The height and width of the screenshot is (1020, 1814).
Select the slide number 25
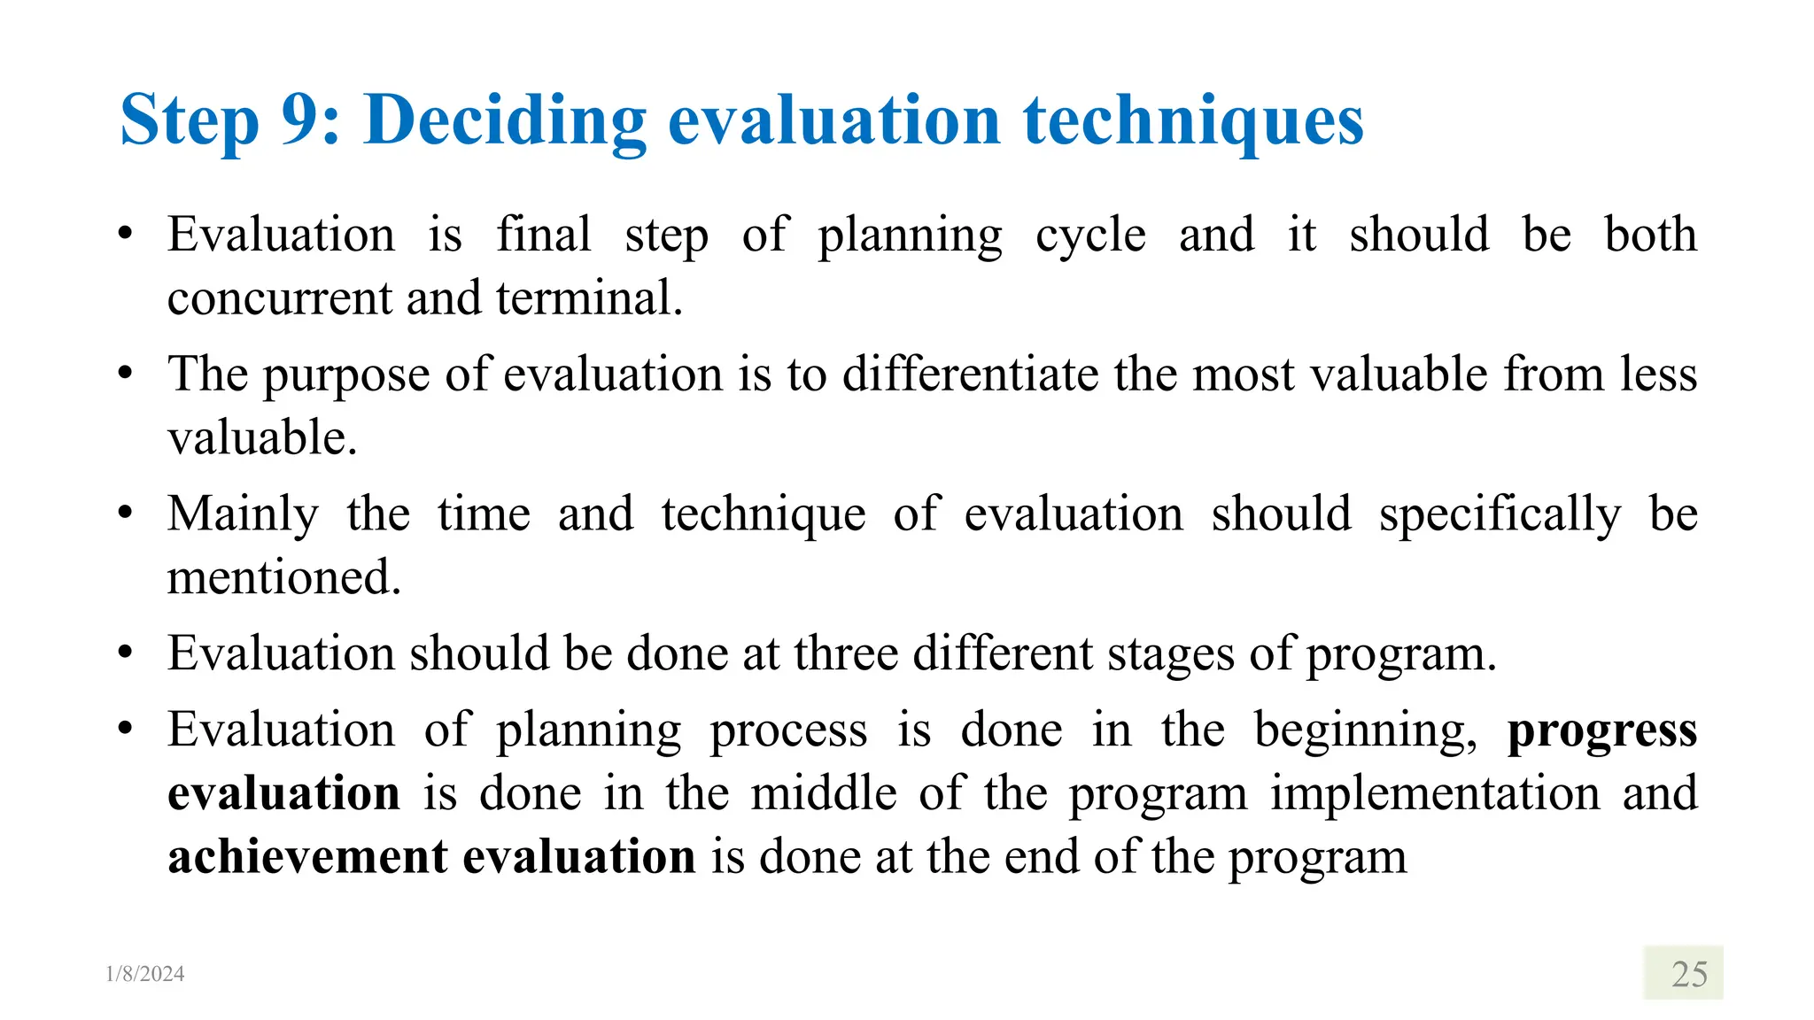(x=1688, y=974)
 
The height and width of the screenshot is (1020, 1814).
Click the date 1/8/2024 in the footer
(x=145, y=974)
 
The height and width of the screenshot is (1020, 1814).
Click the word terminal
(x=589, y=298)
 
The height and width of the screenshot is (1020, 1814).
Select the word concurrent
(x=279, y=298)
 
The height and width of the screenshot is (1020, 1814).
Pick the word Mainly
(x=243, y=515)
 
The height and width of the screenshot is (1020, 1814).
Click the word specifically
(x=1500, y=515)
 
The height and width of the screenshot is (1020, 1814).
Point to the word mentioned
(x=283, y=577)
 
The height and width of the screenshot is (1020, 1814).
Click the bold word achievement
(x=308, y=857)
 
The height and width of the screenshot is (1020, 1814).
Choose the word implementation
(x=1435, y=793)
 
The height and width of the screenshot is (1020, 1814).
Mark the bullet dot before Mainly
(x=125, y=514)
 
